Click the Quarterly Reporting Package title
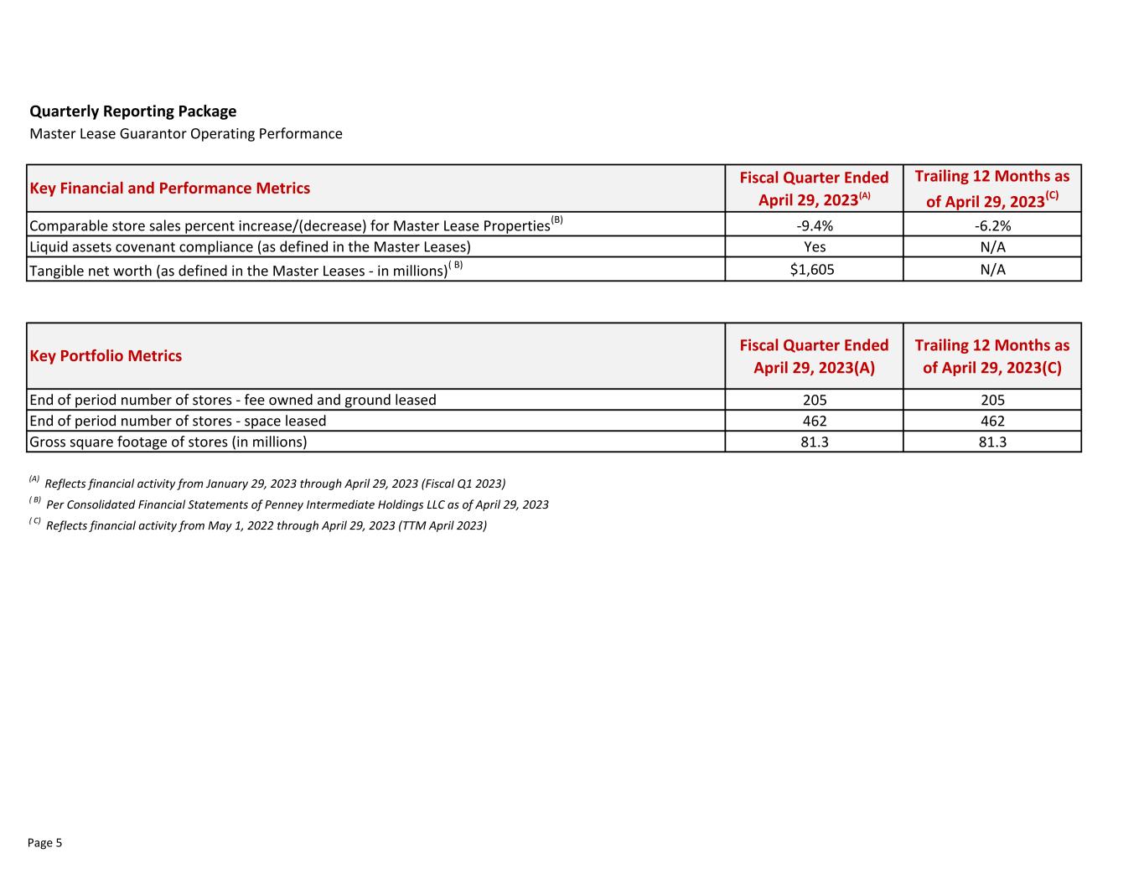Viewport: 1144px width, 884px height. coord(132,111)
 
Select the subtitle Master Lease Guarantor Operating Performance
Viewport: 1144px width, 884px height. coord(185,134)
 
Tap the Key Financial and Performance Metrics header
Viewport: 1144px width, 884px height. coord(169,189)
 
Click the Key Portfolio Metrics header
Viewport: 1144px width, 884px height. coord(106,356)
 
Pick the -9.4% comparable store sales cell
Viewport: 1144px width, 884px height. coord(814,225)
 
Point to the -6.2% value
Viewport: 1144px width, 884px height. coord(992,225)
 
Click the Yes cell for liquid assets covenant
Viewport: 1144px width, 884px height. coord(814,247)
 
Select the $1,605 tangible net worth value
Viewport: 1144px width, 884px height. coord(814,270)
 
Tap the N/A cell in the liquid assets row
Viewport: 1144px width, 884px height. coord(992,247)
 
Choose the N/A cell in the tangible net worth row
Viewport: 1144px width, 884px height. coord(992,270)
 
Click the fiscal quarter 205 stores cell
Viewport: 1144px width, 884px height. coord(814,401)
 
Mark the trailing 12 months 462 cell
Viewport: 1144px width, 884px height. coord(992,421)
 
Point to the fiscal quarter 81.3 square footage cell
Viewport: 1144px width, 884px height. coord(814,442)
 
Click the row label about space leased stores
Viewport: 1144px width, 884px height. coord(178,421)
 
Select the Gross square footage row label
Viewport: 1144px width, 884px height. coord(168,442)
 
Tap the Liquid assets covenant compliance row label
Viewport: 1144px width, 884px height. coord(250,247)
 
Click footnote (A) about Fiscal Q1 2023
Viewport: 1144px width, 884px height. coord(274,484)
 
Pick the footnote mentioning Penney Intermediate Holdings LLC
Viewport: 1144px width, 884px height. coord(297,505)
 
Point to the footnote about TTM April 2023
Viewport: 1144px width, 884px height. coord(266,526)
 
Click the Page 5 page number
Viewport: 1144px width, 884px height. coord(44,843)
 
